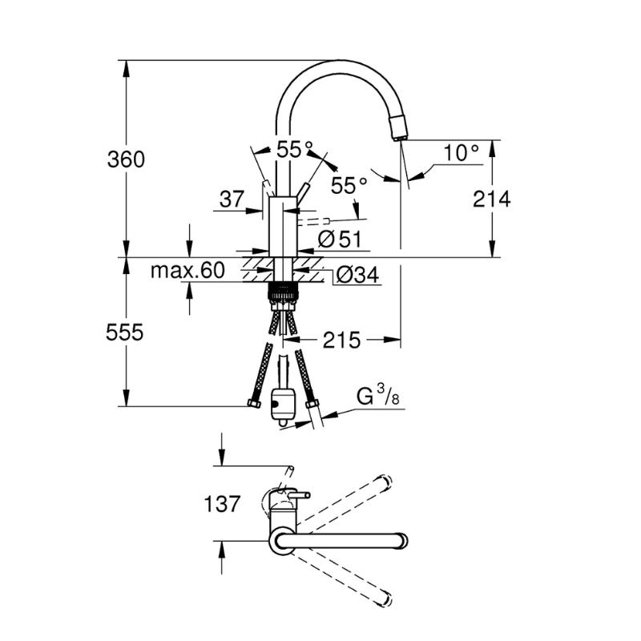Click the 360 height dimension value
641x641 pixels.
point(126,159)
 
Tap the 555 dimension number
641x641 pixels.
point(125,333)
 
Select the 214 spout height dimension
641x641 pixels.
point(492,200)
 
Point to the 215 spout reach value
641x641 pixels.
point(342,340)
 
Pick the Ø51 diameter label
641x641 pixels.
point(340,239)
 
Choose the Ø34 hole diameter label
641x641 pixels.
point(357,275)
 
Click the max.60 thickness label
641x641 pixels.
point(187,270)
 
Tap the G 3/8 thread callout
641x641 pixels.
point(378,396)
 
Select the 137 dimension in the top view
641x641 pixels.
point(222,504)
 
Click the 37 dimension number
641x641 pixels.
point(232,199)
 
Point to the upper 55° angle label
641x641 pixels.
point(295,149)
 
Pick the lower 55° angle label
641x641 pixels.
point(349,186)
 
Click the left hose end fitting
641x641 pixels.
point(254,404)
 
